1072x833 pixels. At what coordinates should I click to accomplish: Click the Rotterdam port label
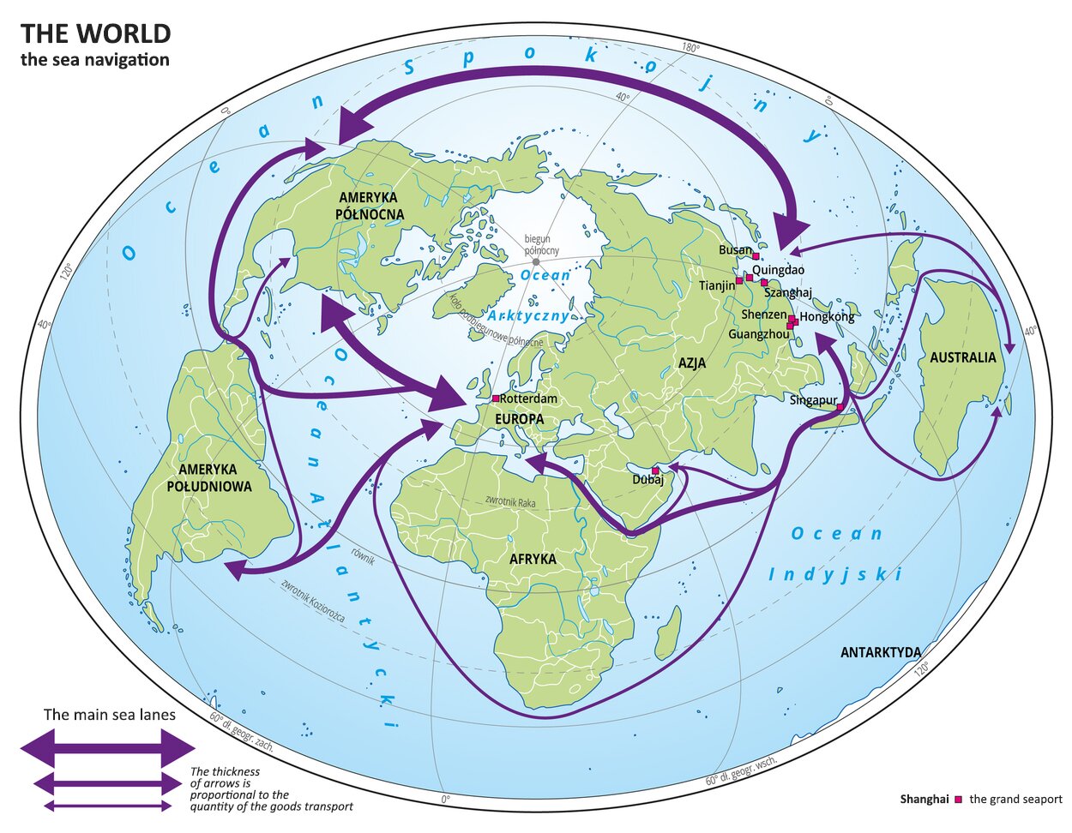coord(528,399)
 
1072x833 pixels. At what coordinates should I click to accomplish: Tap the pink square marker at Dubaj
coord(655,470)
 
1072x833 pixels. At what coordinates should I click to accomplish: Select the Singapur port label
coord(813,400)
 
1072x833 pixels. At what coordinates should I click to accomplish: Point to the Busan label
coord(735,250)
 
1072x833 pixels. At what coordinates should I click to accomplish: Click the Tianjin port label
coord(717,285)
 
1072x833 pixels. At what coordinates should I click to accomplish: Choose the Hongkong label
coord(827,317)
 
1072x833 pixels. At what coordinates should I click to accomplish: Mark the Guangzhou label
coord(758,334)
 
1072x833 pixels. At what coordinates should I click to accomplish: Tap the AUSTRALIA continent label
coord(963,357)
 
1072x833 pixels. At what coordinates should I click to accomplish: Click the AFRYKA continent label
coord(533,559)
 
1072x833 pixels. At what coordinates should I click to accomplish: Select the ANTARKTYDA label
coord(880,653)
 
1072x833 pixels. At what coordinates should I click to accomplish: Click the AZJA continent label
coord(692,363)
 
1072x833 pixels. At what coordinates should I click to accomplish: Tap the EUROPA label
coord(519,418)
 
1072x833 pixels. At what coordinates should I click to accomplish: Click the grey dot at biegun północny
coord(535,262)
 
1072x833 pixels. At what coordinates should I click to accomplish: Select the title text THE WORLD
coord(95,33)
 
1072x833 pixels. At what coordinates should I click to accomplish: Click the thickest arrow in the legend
coord(108,748)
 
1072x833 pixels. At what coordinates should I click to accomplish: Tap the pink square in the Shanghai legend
coord(958,800)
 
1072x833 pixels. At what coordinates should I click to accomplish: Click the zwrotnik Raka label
coord(510,500)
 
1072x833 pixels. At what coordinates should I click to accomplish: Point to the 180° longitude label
coord(691,48)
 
